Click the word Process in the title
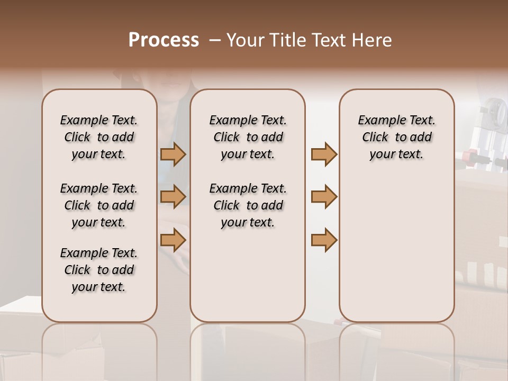[x=164, y=40]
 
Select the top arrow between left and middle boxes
[x=173, y=155]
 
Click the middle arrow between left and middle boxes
[x=173, y=197]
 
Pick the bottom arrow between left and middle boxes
[x=173, y=240]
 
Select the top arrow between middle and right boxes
[x=324, y=155]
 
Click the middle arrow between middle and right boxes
[x=324, y=197]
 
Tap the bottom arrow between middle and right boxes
[x=324, y=240]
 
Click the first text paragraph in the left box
[x=98, y=137]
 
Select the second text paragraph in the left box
[x=98, y=205]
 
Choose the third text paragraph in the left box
[x=98, y=270]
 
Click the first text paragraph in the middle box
[x=248, y=137]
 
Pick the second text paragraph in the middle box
[x=248, y=205]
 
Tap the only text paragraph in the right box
[x=396, y=137]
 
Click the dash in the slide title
[x=214, y=40]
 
